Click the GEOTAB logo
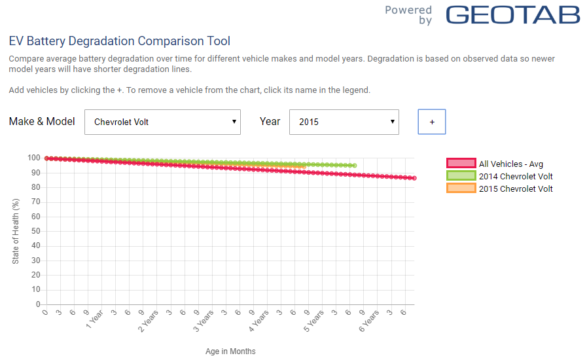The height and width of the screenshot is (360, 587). [x=513, y=15]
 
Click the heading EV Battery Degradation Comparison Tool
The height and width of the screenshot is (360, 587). [x=119, y=41]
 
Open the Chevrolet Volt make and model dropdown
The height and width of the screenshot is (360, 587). [x=162, y=122]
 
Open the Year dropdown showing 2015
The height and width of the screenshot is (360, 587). [x=344, y=122]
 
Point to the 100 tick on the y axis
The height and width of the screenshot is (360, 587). [x=34, y=158]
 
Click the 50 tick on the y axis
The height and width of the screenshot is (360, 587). [x=36, y=231]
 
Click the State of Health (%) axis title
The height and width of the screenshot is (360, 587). [x=16, y=231]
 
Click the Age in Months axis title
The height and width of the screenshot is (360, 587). [x=230, y=351]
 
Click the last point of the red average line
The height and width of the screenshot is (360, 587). [x=414, y=178]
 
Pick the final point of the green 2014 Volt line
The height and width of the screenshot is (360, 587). [x=354, y=166]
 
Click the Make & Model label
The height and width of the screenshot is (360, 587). [x=42, y=121]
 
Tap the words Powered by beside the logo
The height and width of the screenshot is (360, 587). [x=409, y=15]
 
